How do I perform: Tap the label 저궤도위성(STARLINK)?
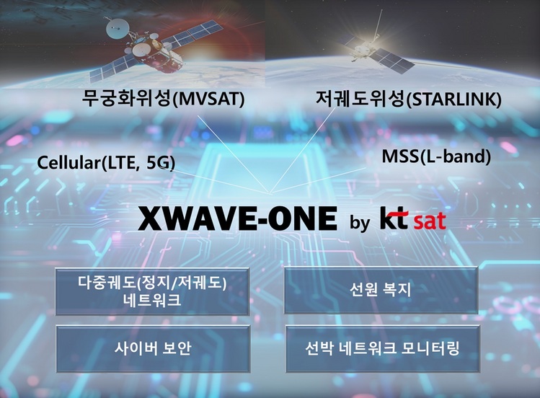(x=408, y=99)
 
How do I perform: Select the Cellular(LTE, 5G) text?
(x=106, y=164)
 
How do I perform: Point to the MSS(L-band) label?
(x=436, y=156)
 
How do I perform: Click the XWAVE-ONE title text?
(x=237, y=219)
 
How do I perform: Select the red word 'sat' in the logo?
(x=430, y=221)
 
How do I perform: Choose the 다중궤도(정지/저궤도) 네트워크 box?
(x=152, y=291)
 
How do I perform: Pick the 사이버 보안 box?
(x=152, y=348)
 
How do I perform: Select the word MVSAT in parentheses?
(x=213, y=100)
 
